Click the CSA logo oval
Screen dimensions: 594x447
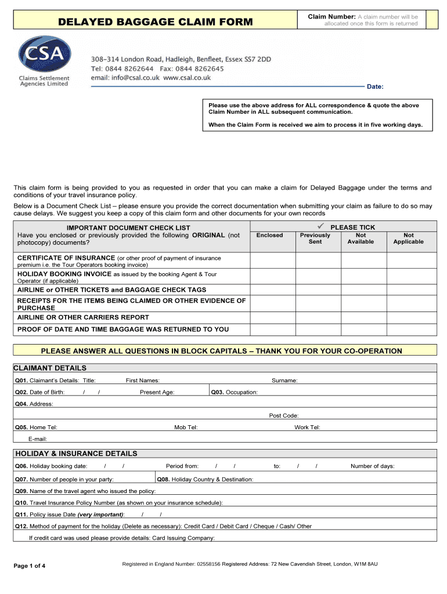[44, 55]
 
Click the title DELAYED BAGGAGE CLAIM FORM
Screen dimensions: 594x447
[156, 22]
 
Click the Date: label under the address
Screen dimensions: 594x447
[375, 86]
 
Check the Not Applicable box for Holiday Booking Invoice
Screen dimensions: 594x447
[408, 276]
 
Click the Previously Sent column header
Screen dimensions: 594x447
[315, 238]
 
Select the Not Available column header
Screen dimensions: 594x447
[361, 238]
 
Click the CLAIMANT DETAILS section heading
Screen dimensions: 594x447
[51, 368]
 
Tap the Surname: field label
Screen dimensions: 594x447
[284, 381]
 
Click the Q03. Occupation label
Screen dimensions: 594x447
[235, 392]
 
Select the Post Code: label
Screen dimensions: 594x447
[284, 415]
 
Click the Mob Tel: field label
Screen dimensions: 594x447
[186, 428]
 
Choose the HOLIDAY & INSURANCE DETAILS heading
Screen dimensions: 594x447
[76, 454]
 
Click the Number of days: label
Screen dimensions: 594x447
[372, 466]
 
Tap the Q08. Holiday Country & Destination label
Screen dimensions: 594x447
[206, 479]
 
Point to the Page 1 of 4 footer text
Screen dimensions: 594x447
[34, 566]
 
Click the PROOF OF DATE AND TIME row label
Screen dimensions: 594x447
[123, 329]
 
